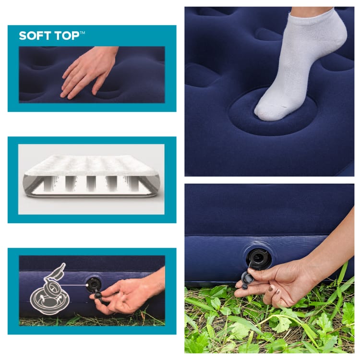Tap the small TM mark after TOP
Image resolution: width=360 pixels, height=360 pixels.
tap(82, 33)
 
